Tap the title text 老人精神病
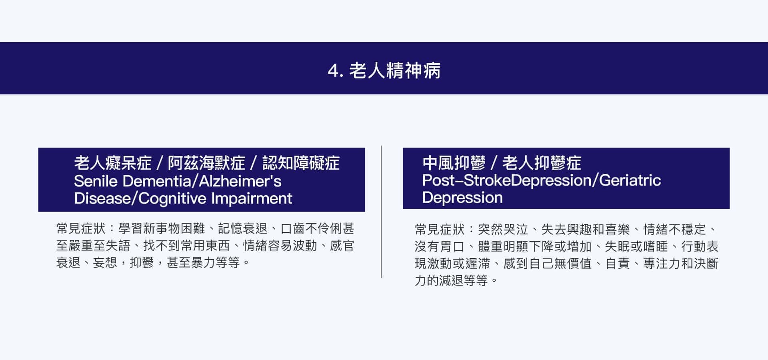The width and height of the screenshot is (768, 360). pos(395,70)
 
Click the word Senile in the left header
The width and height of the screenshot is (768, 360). pos(96,181)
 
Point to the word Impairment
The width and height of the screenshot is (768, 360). pos(252,198)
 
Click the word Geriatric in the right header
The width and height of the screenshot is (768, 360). pos(630,180)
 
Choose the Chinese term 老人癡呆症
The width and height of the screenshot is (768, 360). pos(113,163)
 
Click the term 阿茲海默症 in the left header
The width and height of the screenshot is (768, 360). pos(206,163)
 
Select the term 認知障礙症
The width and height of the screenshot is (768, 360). pos(301,163)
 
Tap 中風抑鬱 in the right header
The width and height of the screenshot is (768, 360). pos(454,163)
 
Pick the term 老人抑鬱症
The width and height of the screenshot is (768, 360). pos(542,163)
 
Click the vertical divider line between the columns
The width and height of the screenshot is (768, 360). pos(381,212)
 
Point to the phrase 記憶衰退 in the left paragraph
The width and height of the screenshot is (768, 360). pos(242,228)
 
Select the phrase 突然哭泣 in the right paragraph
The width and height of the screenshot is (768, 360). pos(503,229)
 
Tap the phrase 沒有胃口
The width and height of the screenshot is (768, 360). pos(440,246)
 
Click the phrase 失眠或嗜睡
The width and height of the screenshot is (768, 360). pos(636,246)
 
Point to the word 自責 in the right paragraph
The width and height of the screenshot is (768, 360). pos(618,264)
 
